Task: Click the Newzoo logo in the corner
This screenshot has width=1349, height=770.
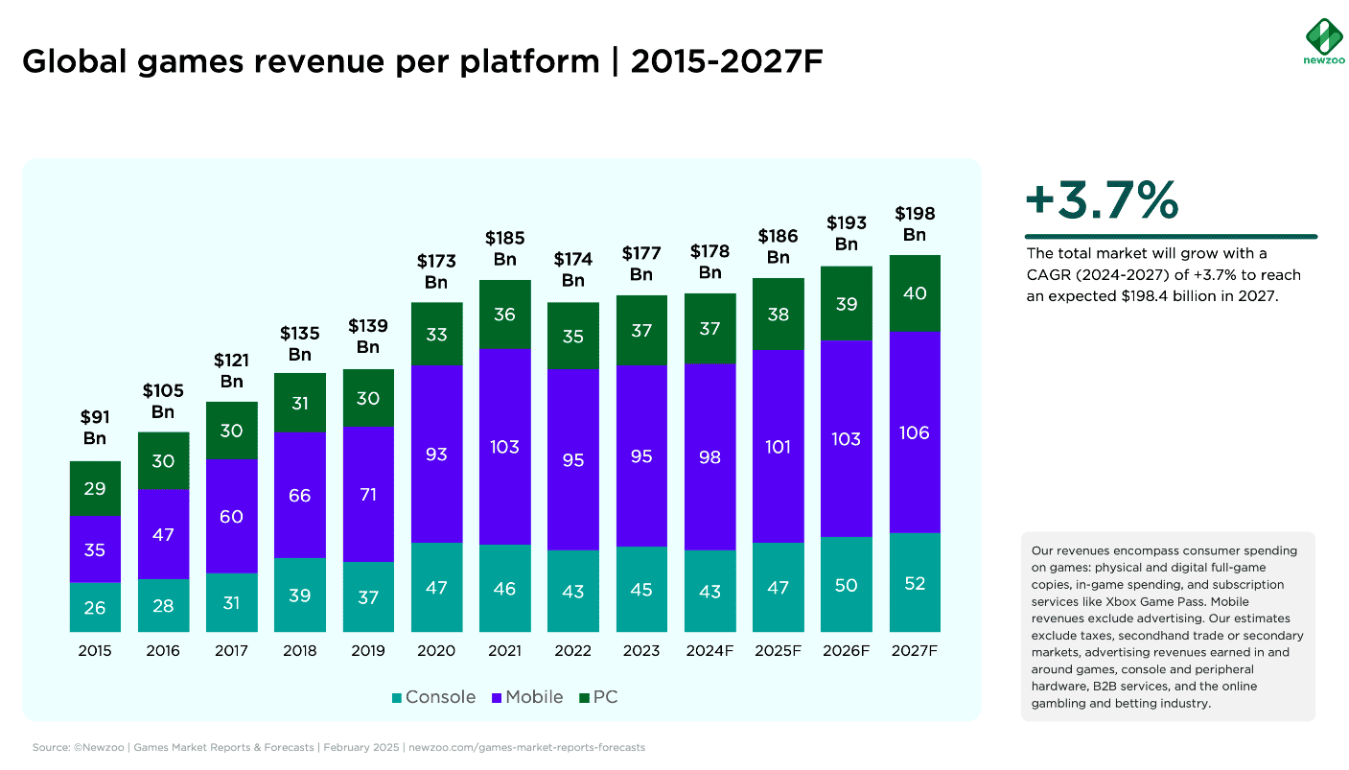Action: point(1324,41)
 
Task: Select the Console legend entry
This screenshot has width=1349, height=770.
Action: point(433,697)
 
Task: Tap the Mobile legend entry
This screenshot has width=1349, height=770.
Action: point(527,697)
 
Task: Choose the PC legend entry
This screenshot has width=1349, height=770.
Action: point(598,697)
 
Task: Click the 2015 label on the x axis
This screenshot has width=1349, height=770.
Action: point(95,651)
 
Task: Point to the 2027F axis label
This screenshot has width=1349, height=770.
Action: point(914,651)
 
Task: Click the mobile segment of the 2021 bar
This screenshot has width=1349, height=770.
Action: point(504,447)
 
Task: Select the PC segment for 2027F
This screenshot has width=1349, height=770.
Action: point(915,293)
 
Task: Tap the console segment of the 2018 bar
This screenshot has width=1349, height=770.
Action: point(300,595)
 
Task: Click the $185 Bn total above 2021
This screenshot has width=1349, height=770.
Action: point(504,248)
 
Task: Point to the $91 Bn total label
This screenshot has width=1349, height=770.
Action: point(95,427)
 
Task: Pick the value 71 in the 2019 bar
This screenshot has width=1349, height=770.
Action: point(368,495)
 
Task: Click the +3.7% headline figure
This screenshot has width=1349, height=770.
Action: point(1102,199)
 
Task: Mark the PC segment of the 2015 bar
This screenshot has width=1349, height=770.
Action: point(95,489)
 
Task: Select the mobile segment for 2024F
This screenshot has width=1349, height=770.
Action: point(710,457)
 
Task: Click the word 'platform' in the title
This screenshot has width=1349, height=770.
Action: point(530,62)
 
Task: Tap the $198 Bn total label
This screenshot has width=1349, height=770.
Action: point(915,223)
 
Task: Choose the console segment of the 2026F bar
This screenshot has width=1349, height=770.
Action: point(847,584)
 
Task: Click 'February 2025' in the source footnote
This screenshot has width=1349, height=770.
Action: point(361,747)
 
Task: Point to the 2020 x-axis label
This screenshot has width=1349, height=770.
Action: point(436,651)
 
